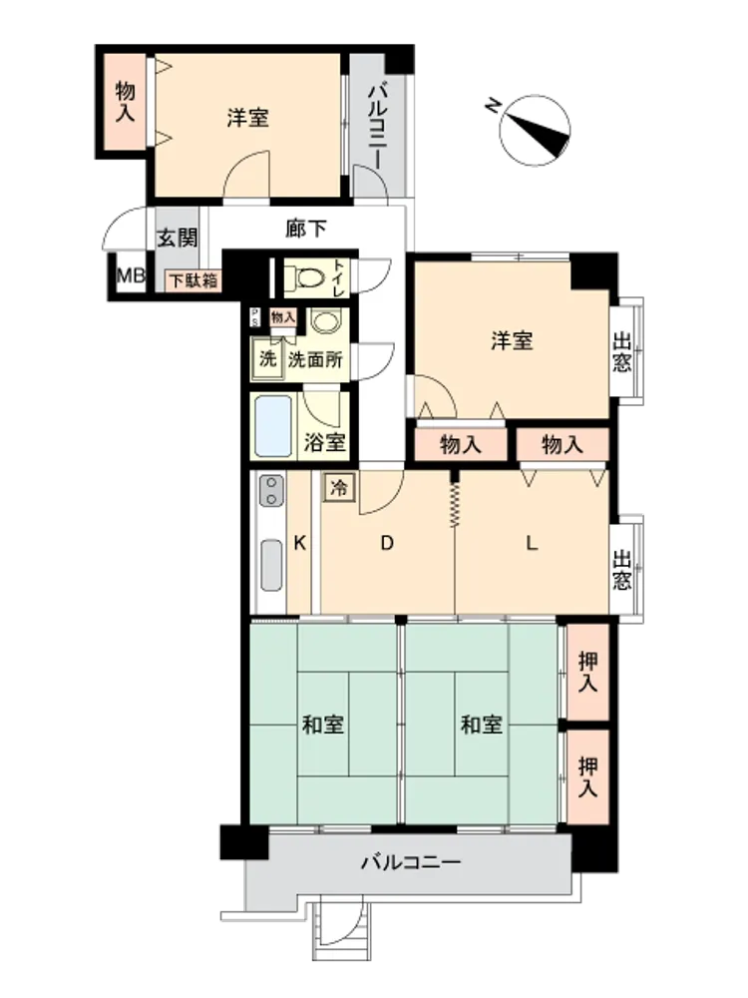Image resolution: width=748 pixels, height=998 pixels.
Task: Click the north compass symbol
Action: [534, 131]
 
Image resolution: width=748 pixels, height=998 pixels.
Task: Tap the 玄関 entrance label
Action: [178, 239]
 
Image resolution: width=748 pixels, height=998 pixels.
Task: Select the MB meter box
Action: [131, 275]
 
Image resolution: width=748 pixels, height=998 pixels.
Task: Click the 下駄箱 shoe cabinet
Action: [193, 280]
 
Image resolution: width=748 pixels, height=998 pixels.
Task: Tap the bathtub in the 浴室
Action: [273, 426]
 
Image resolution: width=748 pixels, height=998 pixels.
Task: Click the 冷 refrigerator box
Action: [339, 488]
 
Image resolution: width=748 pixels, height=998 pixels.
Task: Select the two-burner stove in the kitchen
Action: [271, 491]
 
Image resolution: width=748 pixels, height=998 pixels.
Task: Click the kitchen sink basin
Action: [271, 565]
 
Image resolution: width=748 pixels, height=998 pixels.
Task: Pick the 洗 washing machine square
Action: [267, 359]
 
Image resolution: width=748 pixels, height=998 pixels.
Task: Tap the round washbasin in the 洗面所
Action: [326, 321]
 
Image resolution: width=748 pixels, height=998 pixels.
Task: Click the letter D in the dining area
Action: [387, 543]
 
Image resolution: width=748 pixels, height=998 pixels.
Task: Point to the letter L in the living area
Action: [532, 543]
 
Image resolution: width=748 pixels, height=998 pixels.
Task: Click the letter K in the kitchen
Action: [299, 543]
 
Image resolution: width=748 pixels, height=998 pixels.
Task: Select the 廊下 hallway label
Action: [306, 228]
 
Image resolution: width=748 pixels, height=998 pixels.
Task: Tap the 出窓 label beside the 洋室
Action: [621, 351]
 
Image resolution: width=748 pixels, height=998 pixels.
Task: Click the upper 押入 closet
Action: [587, 672]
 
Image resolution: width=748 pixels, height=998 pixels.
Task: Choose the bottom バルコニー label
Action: [411, 863]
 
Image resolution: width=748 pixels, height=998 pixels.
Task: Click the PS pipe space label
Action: [255, 317]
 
